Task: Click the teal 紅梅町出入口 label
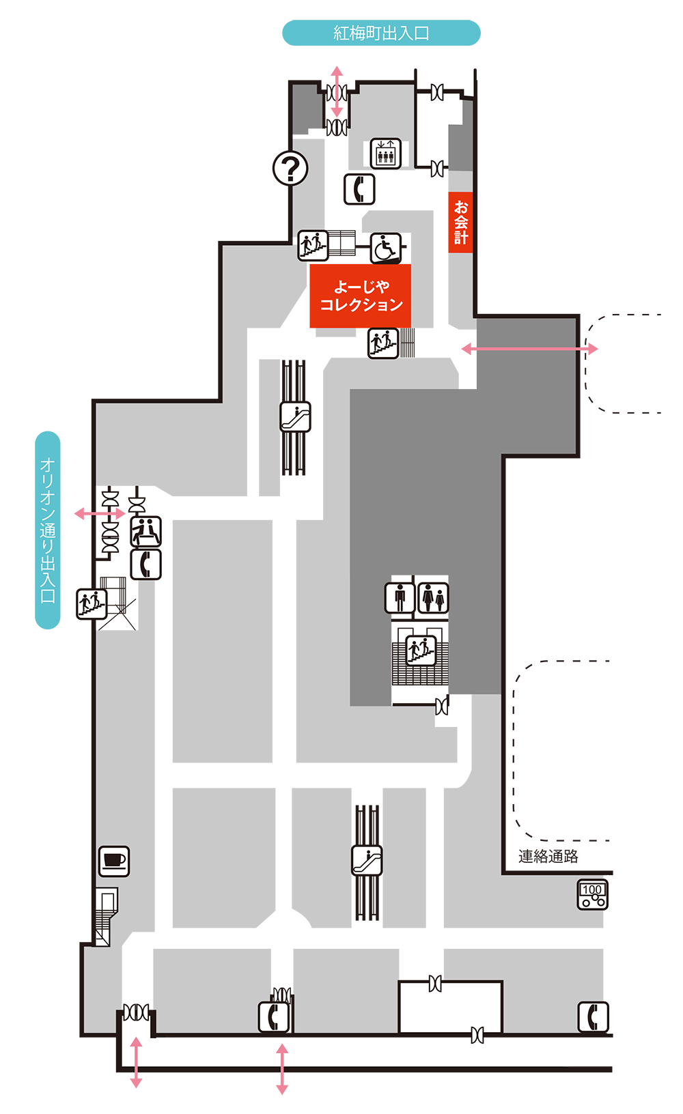(381, 33)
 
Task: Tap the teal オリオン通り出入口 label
(48, 530)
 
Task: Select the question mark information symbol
(290, 168)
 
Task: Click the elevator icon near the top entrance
(385, 154)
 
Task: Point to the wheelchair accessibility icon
(386, 248)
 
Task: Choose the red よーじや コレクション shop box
(361, 296)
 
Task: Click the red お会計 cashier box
(460, 223)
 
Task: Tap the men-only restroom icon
(400, 598)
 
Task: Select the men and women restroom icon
(433, 598)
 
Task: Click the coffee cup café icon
(114, 861)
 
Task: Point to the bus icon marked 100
(592, 895)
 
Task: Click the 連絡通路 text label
(548, 857)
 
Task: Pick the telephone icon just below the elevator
(359, 189)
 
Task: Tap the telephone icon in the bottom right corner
(593, 1016)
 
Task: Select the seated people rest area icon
(145, 531)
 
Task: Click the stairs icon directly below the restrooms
(421, 650)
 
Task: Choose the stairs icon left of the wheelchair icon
(313, 245)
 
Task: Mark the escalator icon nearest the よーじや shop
(295, 416)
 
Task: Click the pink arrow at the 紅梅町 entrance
(337, 91)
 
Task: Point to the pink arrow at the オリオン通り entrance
(100, 513)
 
